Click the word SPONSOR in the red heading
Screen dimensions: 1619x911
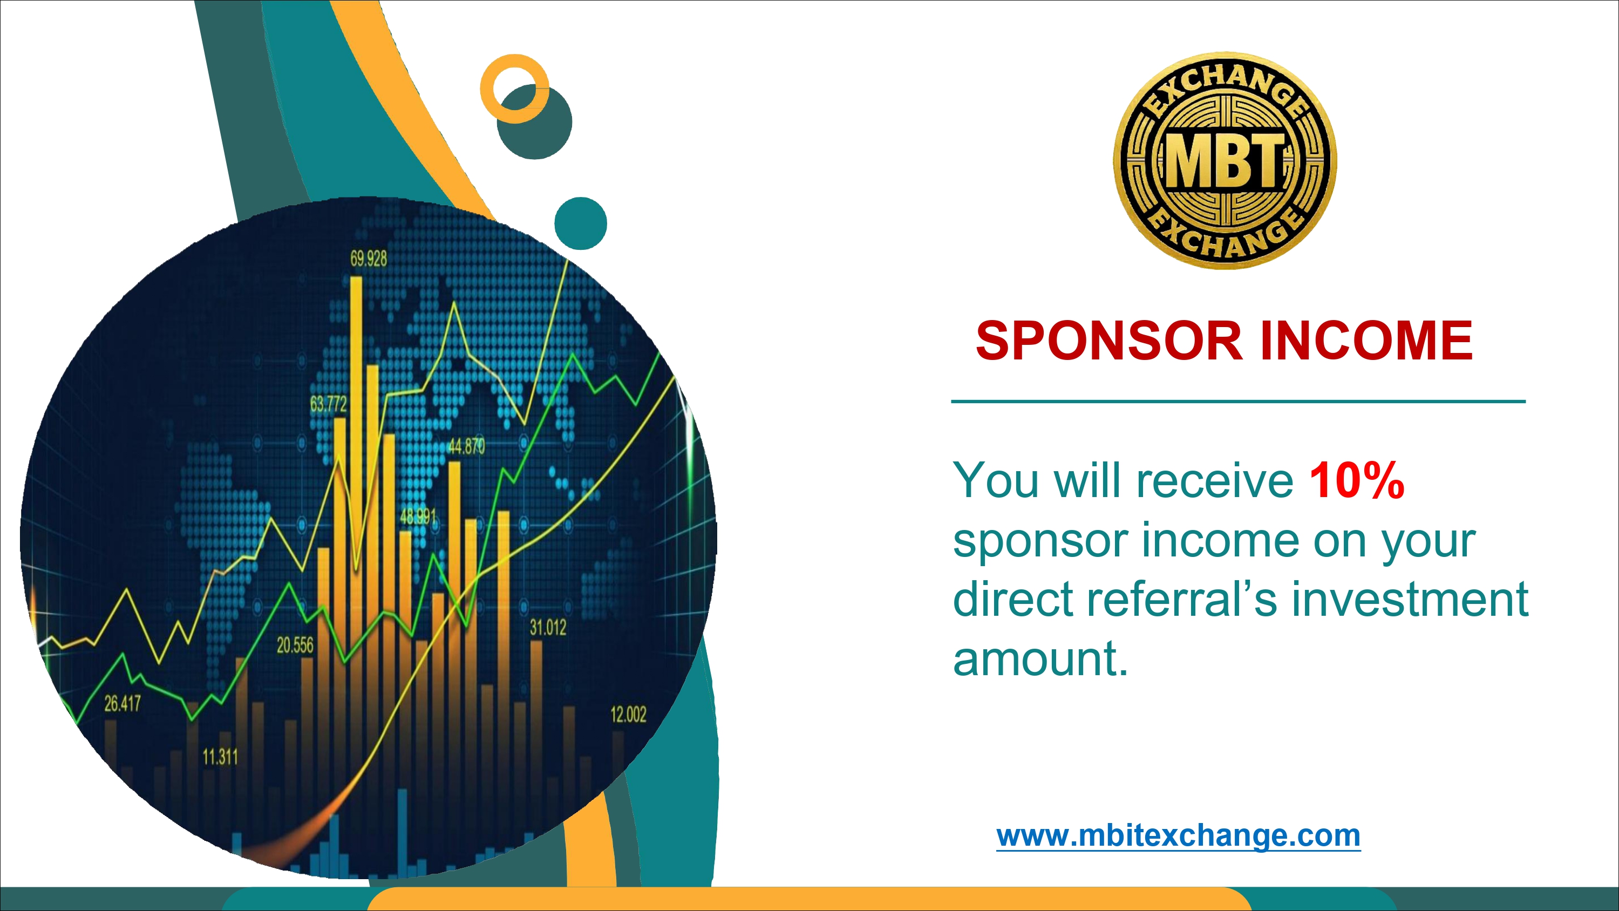[x=1110, y=341]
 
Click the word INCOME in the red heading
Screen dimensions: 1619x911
[x=1366, y=341]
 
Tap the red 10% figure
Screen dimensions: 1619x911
[x=1356, y=480]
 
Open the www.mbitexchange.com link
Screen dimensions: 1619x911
[x=1179, y=835]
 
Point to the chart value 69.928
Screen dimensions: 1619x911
[x=369, y=259]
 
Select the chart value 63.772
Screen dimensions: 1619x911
[x=328, y=404]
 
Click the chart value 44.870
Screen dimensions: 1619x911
[x=466, y=446]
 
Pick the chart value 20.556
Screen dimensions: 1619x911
[x=295, y=645]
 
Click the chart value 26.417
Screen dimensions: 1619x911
[x=123, y=704]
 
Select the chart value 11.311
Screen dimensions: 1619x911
[x=220, y=757]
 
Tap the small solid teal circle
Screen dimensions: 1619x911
[x=581, y=223]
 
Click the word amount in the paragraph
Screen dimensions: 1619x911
[x=1041, y=659]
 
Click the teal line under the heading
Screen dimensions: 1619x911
[x=1239, y=401]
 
